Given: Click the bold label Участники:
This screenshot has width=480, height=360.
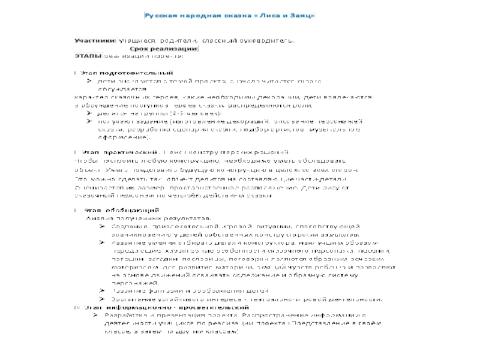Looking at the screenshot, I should [x=95, y=40].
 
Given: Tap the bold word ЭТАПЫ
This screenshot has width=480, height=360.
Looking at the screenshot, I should [x=88, y=56].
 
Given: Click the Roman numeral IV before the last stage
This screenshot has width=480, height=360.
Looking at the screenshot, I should [x=76, y=306].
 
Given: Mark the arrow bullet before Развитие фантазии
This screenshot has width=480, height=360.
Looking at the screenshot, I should [x=104, y=290].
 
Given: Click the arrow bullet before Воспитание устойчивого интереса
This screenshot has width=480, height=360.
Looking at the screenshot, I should [x=104, y=298].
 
